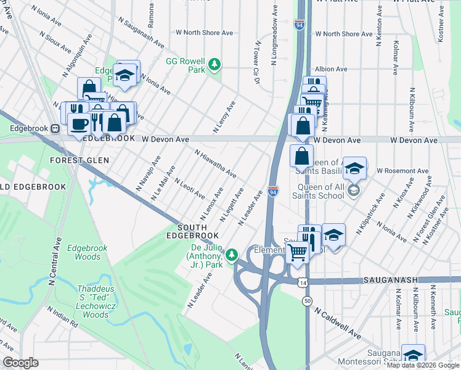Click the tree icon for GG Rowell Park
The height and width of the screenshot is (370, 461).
(x=214, y=64)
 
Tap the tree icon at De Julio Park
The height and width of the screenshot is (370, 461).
(x=232, y=254)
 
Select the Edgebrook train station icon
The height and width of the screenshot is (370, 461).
(x=55, y=129)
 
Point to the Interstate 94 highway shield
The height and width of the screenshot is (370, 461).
(x=273, y=192)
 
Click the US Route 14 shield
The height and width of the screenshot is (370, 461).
(x=301, y=282)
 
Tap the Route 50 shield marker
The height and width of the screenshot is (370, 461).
(x=307, y=300)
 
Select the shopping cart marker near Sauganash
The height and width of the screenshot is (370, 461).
(x=298, y=250)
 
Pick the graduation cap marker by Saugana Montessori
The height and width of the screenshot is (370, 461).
(x=414, y=354)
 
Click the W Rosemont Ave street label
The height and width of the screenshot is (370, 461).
(x=401, y=170)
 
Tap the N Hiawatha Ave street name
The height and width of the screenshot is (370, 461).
(x=215, y=164)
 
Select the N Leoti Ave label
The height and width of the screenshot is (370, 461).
(x=190, y=189)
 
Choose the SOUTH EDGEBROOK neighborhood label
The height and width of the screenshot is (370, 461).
(x=192, y=231)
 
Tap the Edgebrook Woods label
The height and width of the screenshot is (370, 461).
(x=88, y=252)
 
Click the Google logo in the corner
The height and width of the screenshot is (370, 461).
(x=21, y=363)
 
